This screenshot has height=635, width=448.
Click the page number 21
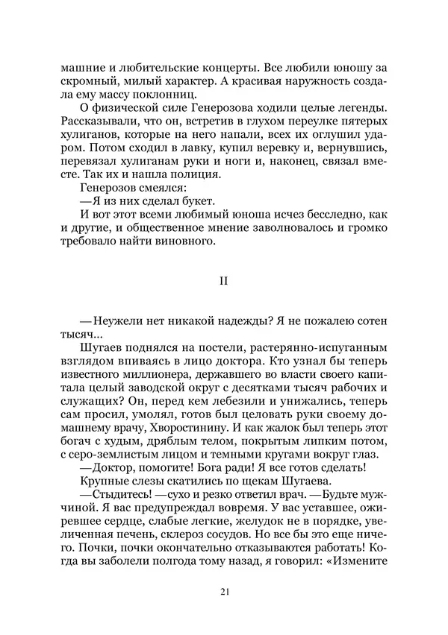coord(224,593)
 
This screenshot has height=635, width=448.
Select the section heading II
coord(223,281)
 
